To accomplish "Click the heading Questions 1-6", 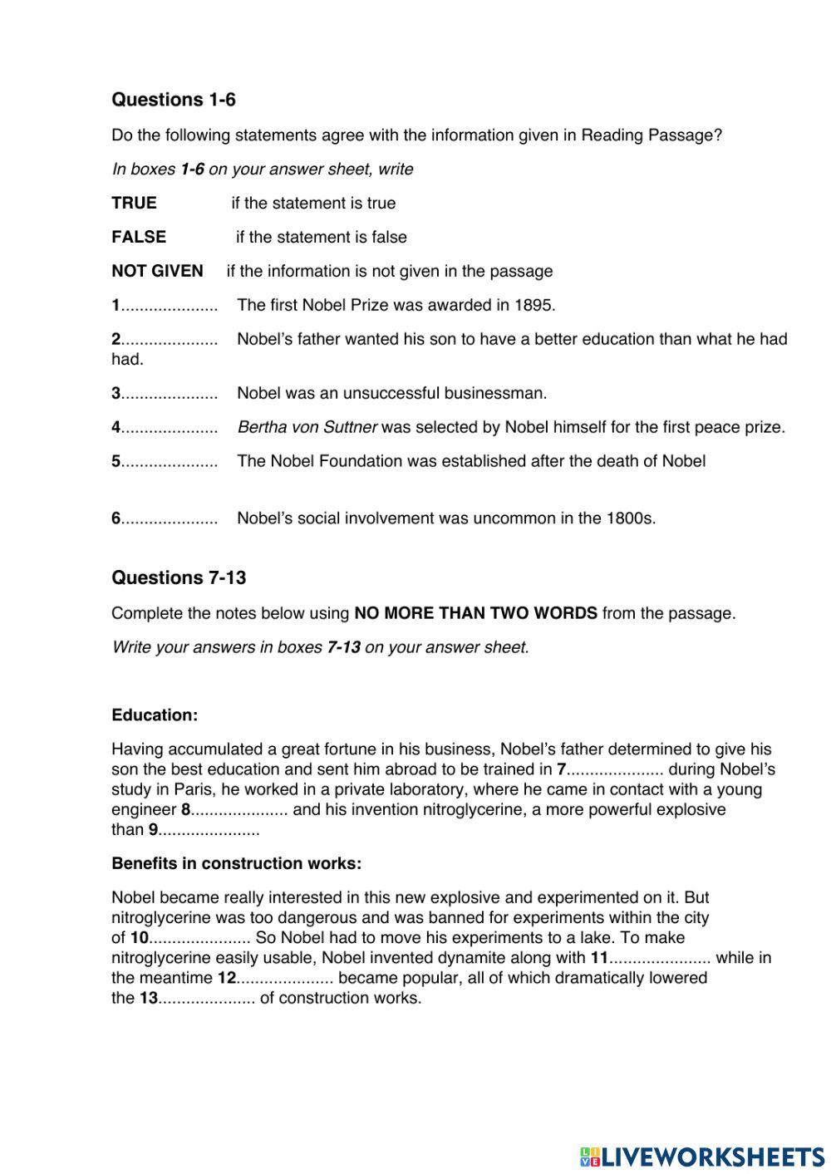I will tap(173, 100).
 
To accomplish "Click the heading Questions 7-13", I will tap(179, 577).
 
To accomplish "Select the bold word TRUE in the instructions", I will tap(134, 204).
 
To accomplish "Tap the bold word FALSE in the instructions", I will tap(139, 238).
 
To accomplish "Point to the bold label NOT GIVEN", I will tap(157, 272).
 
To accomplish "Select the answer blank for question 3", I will tap(170, 394).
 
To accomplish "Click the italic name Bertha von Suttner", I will tap(307, 428).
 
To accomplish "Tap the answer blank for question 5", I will tap(170, 462).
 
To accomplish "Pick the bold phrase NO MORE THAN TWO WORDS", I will tap(475, 614).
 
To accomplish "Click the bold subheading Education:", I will tap(155, 715).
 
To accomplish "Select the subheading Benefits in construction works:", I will tap(236, 864).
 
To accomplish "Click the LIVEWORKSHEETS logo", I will tap(702, 1156).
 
